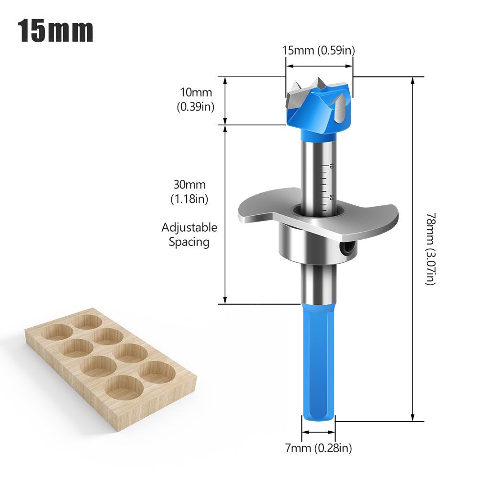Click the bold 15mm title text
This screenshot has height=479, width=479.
click(56, 31)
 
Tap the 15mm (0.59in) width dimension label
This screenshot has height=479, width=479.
click(318, 50)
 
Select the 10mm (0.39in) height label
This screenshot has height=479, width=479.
click(196, 99)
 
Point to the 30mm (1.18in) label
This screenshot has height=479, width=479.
click(189, 191)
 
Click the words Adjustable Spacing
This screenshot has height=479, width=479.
click(189, 234)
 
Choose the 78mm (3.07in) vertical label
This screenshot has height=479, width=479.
click(430, 249)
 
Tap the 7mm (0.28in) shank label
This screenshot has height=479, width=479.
click(318, 448)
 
